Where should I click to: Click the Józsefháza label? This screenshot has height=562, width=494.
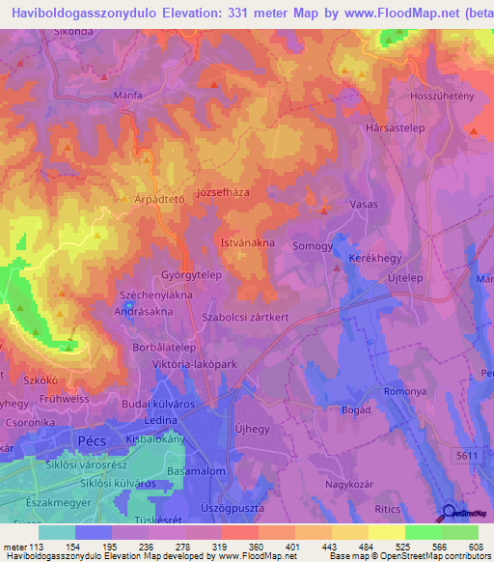(x=223, y=192)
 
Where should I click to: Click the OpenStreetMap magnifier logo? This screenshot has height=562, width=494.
(x=449, y=513)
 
